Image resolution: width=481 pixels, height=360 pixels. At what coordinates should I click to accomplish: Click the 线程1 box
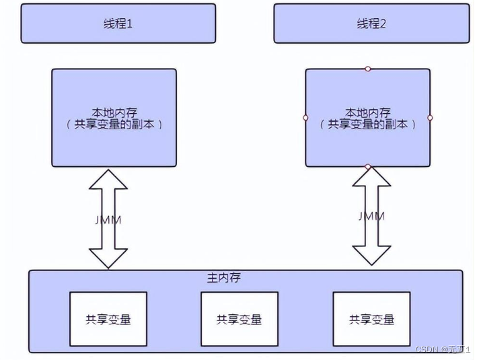point(118,24)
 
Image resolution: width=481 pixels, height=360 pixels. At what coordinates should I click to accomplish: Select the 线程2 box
point(372,24)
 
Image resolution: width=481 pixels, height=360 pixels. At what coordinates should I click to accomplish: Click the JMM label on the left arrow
point(108,219)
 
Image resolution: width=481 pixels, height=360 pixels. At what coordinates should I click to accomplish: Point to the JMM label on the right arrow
point(371,216)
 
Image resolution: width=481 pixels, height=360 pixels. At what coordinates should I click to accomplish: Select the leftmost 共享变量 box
point(108,319)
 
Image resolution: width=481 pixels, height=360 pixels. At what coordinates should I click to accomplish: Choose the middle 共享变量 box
point(239,319)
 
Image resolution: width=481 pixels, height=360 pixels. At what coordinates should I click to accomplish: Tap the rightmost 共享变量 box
point(372,319)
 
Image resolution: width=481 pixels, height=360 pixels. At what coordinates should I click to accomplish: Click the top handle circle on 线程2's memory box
point(367,69)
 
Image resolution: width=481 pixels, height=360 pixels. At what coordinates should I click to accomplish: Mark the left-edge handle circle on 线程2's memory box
point(305,118)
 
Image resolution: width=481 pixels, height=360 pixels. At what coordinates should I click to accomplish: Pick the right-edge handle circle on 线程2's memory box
point(430,118)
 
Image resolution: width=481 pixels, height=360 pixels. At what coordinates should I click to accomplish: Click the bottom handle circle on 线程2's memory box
point(367,166)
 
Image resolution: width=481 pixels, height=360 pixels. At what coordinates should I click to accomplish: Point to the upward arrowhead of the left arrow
point(108,180)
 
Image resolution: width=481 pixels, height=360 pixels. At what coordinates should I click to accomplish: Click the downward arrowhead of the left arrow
point(108,258)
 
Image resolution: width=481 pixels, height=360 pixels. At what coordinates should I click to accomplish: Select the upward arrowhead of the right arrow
point(371,178)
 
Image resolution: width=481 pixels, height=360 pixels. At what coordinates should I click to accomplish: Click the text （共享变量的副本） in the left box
point(114,124)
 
